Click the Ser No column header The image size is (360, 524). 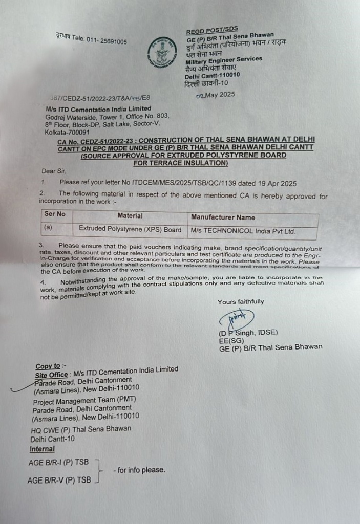[55, 215]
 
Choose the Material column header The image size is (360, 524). [130, 216]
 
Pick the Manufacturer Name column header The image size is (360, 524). [223, 217]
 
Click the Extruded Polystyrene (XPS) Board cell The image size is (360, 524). [130, 230]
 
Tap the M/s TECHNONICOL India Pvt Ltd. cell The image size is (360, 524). [243, 231]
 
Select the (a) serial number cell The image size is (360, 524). [48, 228]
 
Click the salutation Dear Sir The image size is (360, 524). [54, 171]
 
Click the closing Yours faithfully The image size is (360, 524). [241, 302]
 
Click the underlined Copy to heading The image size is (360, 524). [48, 366]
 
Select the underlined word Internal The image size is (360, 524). [42, 449]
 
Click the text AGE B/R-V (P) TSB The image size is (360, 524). [59, 480]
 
